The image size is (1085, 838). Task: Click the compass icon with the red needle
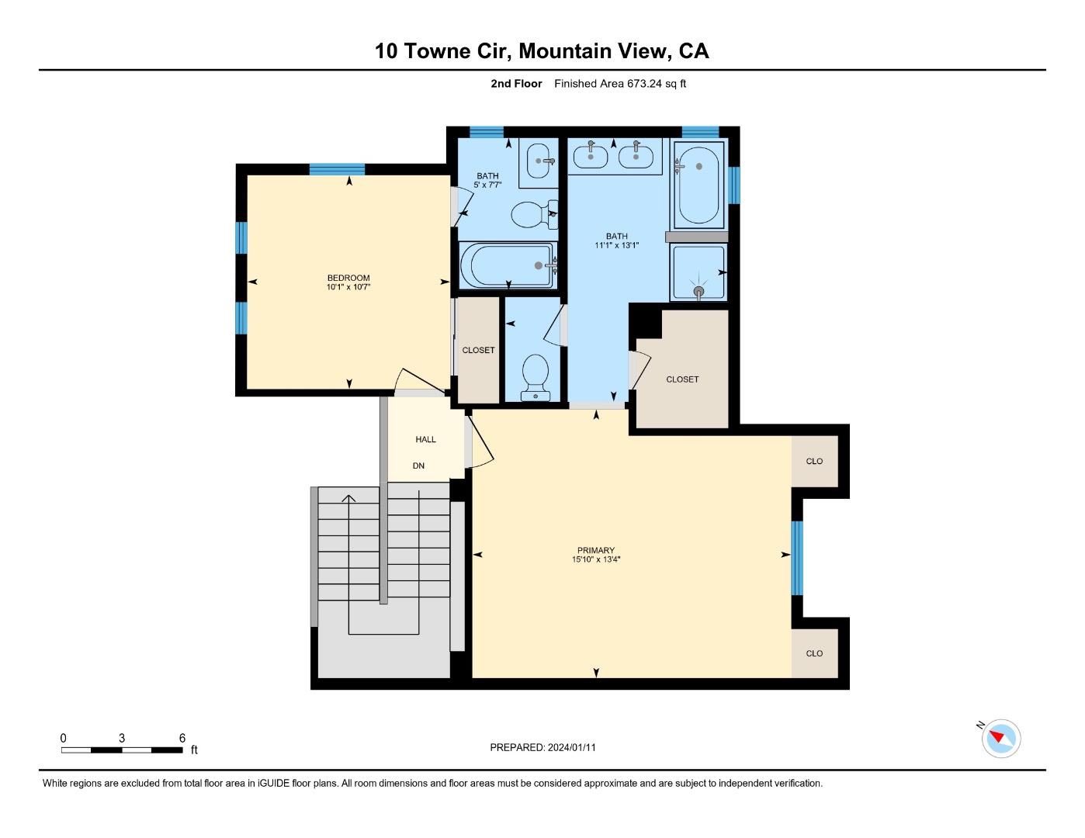[x=1000, y=738]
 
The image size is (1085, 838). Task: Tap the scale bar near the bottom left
[x=122, y=750]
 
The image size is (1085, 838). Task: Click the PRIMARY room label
[x=595, y=550]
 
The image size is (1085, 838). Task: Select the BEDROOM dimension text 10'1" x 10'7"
[x=348, y=287]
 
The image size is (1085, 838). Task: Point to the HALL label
[x=425, y=439]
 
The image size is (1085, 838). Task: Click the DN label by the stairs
[x=418, y=466]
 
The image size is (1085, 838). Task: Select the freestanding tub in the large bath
[x=698, y=184]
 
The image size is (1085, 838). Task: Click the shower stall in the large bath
[x=698, y=272]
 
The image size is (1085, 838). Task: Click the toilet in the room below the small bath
[x=536, y=376]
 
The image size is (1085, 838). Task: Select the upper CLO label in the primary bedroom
[x=814, y=461]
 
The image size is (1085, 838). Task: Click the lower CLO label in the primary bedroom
[x=814, y=653]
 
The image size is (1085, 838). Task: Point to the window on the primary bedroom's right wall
[x=796, y=558]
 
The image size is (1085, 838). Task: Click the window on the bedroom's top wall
[x=337, y=169]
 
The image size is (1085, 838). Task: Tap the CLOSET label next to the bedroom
[x=478, y=350]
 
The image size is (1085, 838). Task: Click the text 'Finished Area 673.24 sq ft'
[x=619, y=84]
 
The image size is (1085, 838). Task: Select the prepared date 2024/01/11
[x=571, y=747]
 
